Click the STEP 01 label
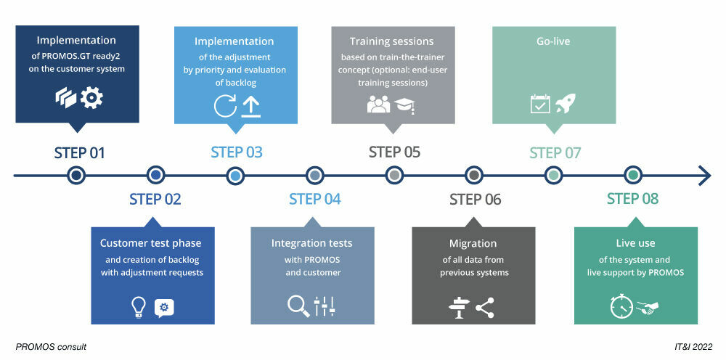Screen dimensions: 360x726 coord(79,153)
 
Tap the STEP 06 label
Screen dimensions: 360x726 coord(475,200)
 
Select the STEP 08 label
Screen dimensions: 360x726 coord(633,199)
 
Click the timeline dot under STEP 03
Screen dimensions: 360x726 coord(235,175)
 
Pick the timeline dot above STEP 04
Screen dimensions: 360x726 coord(314,175)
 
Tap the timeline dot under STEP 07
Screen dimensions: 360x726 coord(553,175)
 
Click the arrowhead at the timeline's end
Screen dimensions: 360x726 coord(704,175)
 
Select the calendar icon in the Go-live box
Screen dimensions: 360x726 coord(539,104)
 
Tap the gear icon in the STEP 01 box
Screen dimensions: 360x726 coord(91,98)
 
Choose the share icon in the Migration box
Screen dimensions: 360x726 coord(484,308)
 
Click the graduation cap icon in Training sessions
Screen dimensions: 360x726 coord(404,105)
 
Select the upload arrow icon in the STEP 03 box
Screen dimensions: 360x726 coord(250,106)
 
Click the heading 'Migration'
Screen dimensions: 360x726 coord(473,243)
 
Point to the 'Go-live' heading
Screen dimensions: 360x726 coord(553,41)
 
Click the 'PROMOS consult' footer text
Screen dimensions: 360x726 coord(51,347)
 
